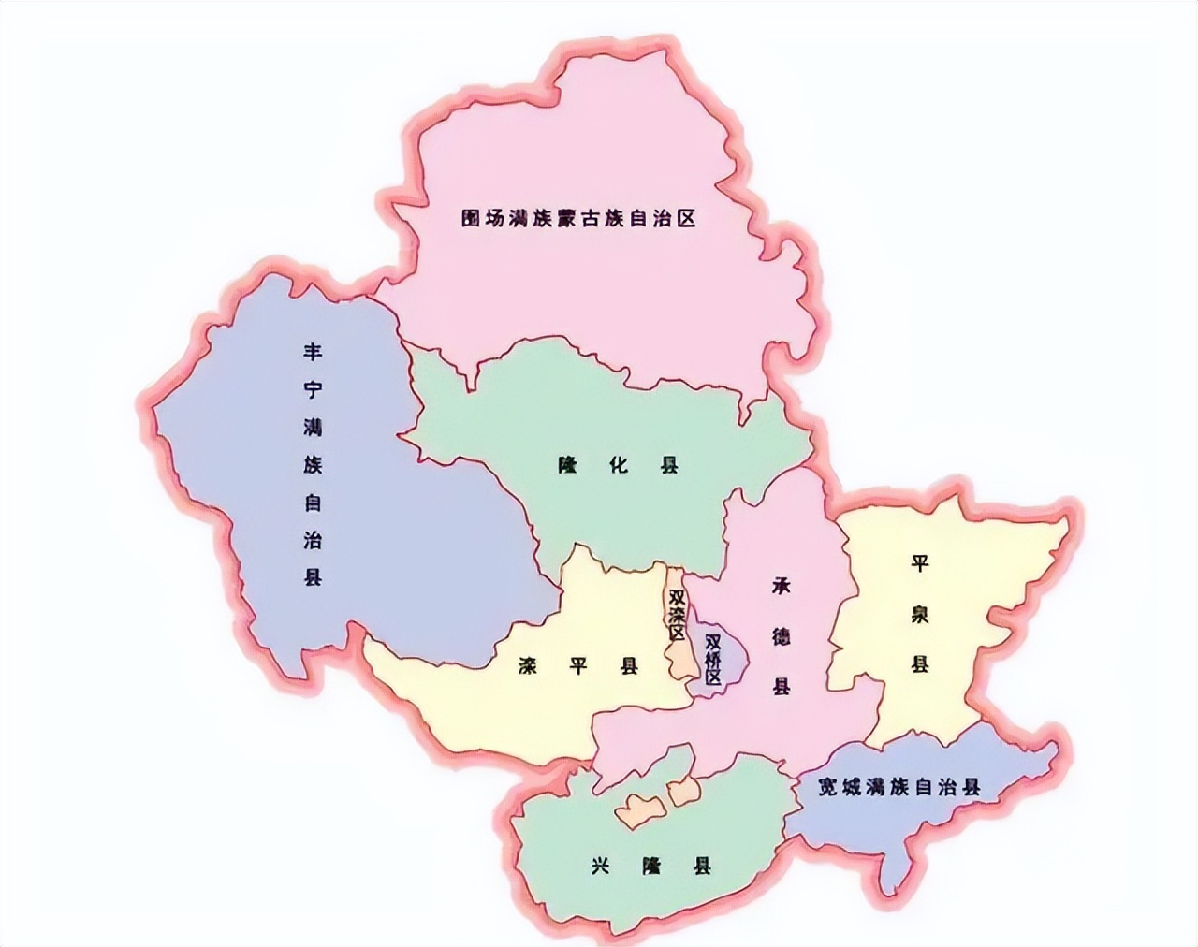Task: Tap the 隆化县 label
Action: (x=619, y=465)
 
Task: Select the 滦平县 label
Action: (x=577, y=666)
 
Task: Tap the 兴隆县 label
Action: (x=651, y=866)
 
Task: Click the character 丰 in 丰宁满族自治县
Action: (x=313, y=353)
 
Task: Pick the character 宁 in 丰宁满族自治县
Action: (x=313, y=390)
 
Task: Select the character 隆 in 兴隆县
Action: (x=651, y=866)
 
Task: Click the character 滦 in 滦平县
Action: (x=528, y=666)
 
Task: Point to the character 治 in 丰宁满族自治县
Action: (x=313, y=540)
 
